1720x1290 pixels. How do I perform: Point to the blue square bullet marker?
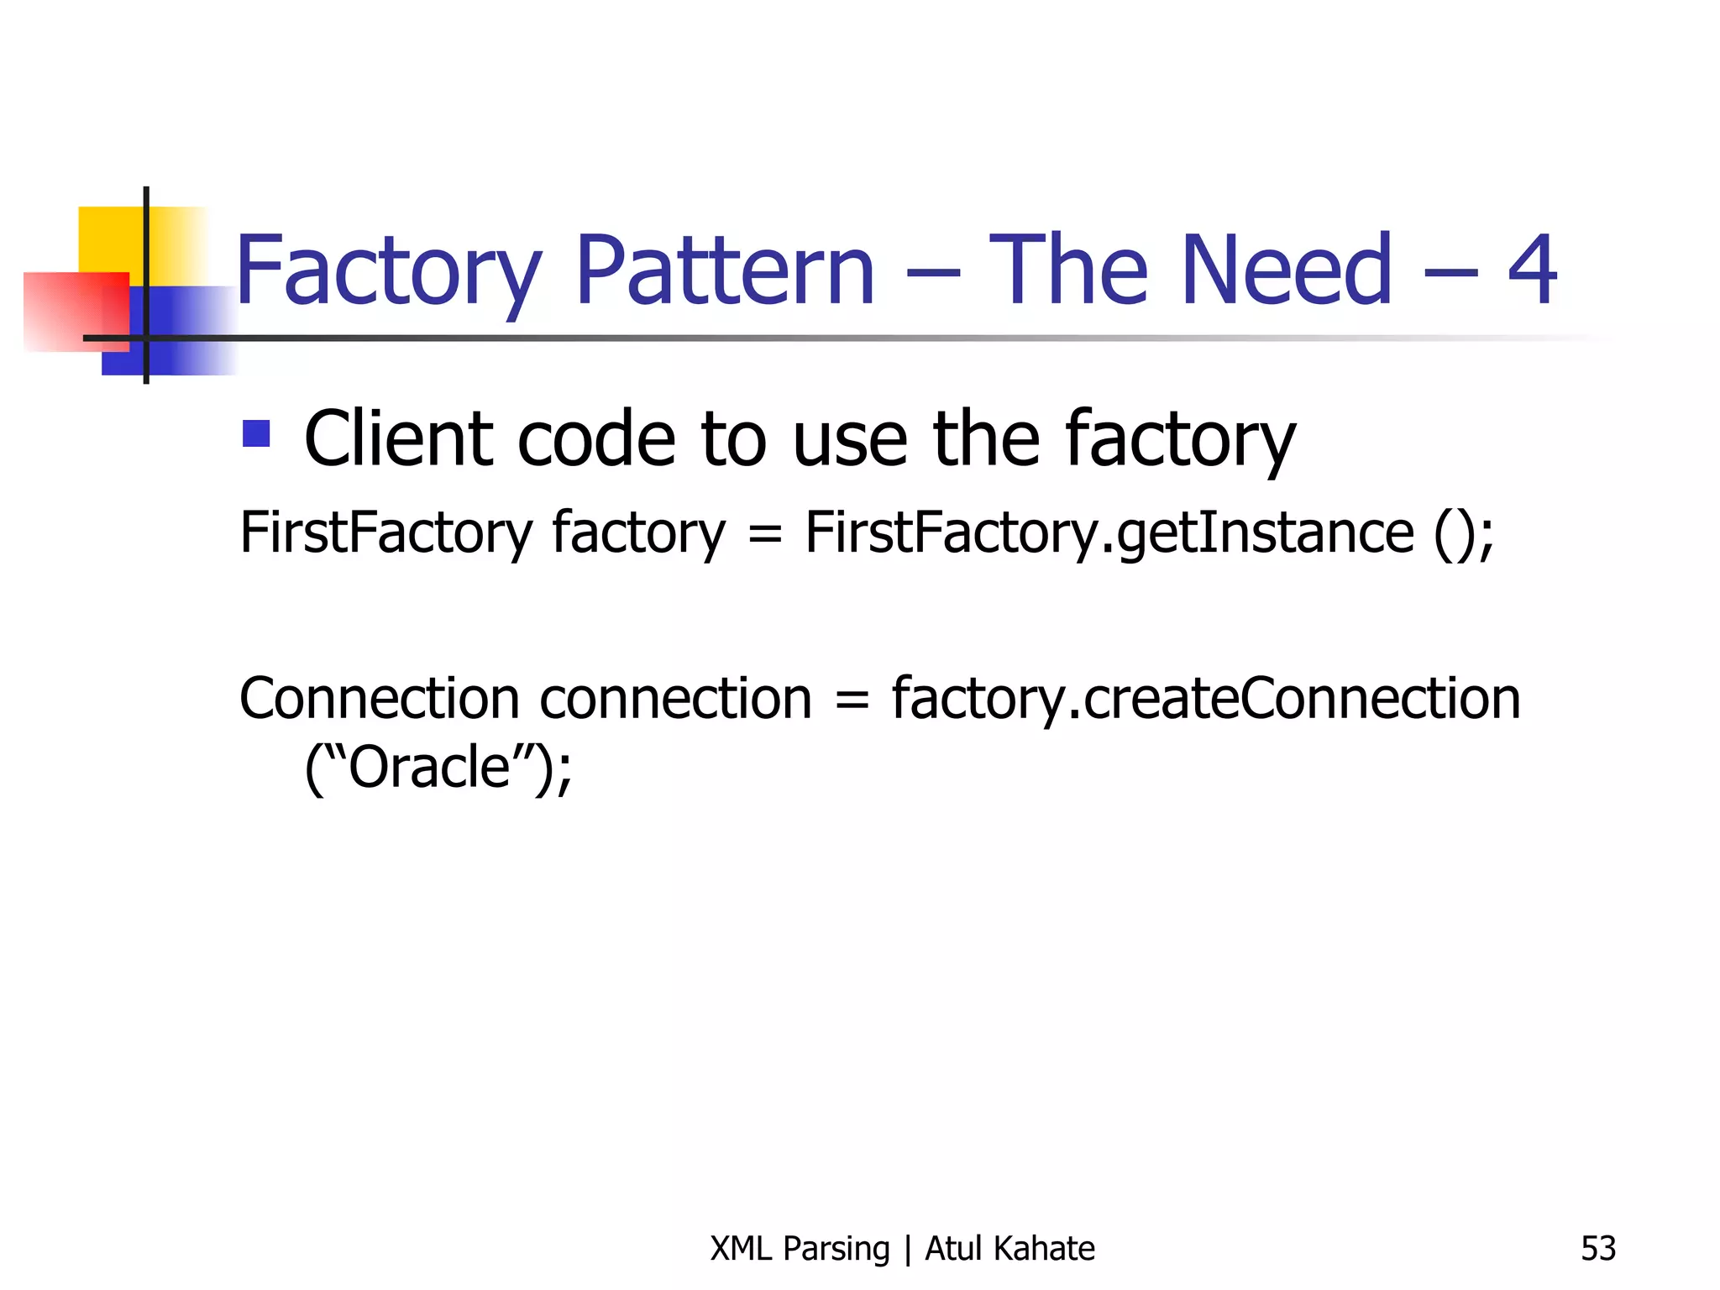256,433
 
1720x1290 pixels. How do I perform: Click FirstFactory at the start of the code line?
385,532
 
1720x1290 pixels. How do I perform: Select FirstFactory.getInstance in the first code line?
1109,534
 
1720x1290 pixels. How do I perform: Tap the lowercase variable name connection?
675,699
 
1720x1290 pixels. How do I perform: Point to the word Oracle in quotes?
429,768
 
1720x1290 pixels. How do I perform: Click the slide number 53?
1597,1249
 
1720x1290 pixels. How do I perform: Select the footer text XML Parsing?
799,1249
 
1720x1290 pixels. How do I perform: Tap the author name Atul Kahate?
1009,1249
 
